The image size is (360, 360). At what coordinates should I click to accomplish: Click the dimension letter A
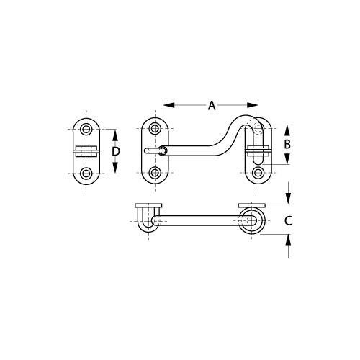click(212, 106)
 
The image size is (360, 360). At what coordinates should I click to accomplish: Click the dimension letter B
click(287, 144)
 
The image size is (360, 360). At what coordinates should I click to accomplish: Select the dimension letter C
click(288, 221)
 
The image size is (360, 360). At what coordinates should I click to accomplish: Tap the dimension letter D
click(116, 151)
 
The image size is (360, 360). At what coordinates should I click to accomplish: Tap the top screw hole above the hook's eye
click(155, 130)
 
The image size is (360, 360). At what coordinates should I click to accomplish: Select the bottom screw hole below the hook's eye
click(155, 173)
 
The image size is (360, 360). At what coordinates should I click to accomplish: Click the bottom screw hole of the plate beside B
click(258, 173)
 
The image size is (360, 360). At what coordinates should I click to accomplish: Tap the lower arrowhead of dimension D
click(116, 170)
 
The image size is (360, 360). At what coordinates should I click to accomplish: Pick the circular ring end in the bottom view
click(252, 220)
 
